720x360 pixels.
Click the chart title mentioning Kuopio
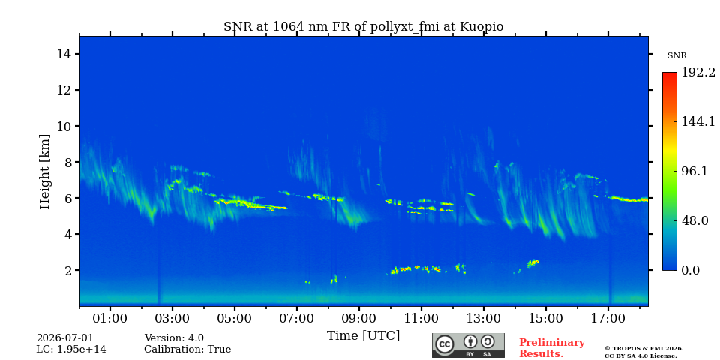tap(363, 27)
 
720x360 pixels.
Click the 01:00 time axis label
tap(111, 318)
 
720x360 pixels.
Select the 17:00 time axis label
tap(608, 318)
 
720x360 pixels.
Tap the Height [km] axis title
tap(44, 172)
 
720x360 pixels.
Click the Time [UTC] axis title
tap(363, 336)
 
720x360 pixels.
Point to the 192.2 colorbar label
tap(698, 73)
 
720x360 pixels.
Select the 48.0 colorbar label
tap(694, 220)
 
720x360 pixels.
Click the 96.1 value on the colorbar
tap(694, 171)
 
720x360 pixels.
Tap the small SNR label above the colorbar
tap(676, 56)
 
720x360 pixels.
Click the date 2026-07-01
tap(64, 338)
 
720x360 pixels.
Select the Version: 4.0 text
tap(174, 338)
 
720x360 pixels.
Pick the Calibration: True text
tap(187, 349)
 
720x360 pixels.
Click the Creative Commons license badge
tap(468, 345)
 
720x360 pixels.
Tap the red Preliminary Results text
tap(552, 348)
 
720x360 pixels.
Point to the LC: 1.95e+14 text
tap(71, 349)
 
